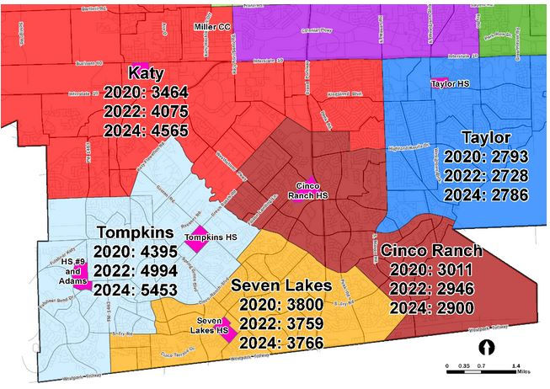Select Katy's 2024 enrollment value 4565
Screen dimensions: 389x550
tap(147, 130)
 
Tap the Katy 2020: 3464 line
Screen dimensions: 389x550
tap(147, 92)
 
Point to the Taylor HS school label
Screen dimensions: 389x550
tap(449, 84)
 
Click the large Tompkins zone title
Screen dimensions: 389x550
tap(136, 232)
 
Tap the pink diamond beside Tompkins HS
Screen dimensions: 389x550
tap(199, 237)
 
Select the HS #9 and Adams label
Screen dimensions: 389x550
tap(71, 272)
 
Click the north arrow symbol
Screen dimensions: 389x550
tap(485, 346)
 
